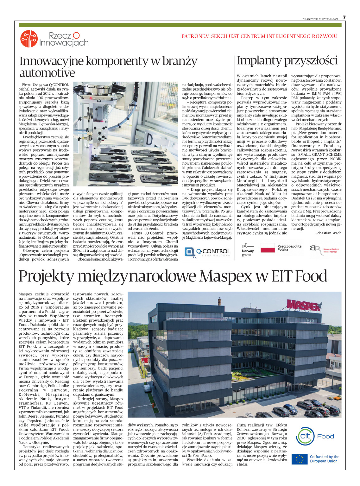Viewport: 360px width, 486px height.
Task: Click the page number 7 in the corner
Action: click(x=344, y=17)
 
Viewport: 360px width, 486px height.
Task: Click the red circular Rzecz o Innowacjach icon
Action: click(x=29, y=39)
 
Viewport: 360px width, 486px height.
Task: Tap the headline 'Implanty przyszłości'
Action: click(x=287, y=60)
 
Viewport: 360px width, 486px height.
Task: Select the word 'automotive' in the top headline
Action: click(x=47, y=73)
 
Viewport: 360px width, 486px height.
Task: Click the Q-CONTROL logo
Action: click(x=207, y=252)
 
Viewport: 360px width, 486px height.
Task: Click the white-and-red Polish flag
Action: click(x=268, y=248)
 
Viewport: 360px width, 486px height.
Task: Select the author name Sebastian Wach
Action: click(x=328, y=233)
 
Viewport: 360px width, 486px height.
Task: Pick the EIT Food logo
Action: click(x=315, y=436)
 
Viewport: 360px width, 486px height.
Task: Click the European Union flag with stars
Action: click(x=299, y=459)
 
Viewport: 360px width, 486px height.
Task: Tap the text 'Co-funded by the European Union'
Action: click(x=324, y=459)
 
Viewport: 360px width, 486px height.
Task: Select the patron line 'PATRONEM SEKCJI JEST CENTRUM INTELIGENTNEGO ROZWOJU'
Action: click(x=259, y=36)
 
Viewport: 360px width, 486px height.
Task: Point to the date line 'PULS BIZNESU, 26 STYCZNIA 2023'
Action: click(x=320, y=19)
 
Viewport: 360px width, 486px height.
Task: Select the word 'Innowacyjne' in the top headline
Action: click(x=51, y=61)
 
